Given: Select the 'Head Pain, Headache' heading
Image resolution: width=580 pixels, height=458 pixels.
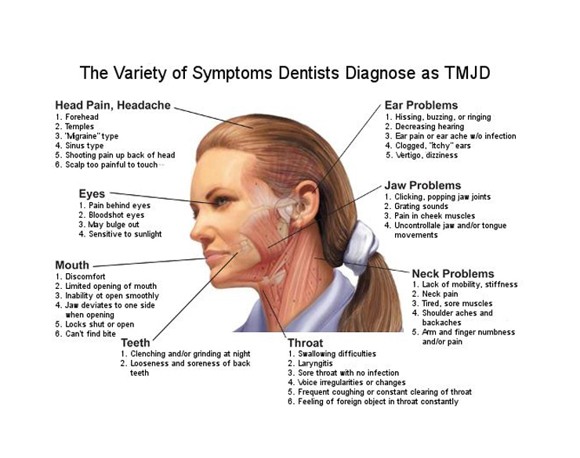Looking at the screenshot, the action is (x=113, y=105).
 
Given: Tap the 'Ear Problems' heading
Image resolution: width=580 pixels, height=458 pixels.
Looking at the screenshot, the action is (x=421, y=105).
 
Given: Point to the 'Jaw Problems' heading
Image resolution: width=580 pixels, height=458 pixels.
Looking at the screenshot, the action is (x=422, y=186).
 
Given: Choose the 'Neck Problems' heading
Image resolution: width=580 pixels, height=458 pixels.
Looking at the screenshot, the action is (x=453, y=273).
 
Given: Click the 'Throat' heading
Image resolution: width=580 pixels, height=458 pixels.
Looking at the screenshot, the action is (x=305, y=343).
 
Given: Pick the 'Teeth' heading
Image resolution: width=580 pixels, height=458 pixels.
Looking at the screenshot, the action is (x=136, y=343).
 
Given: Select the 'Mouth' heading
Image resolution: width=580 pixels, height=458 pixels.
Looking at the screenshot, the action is (x=72, y=265).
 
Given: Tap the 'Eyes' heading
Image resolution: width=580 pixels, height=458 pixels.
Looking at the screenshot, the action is (x=92, y=193).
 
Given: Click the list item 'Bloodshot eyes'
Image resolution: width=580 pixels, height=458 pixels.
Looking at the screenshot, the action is (x=116, y=215).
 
